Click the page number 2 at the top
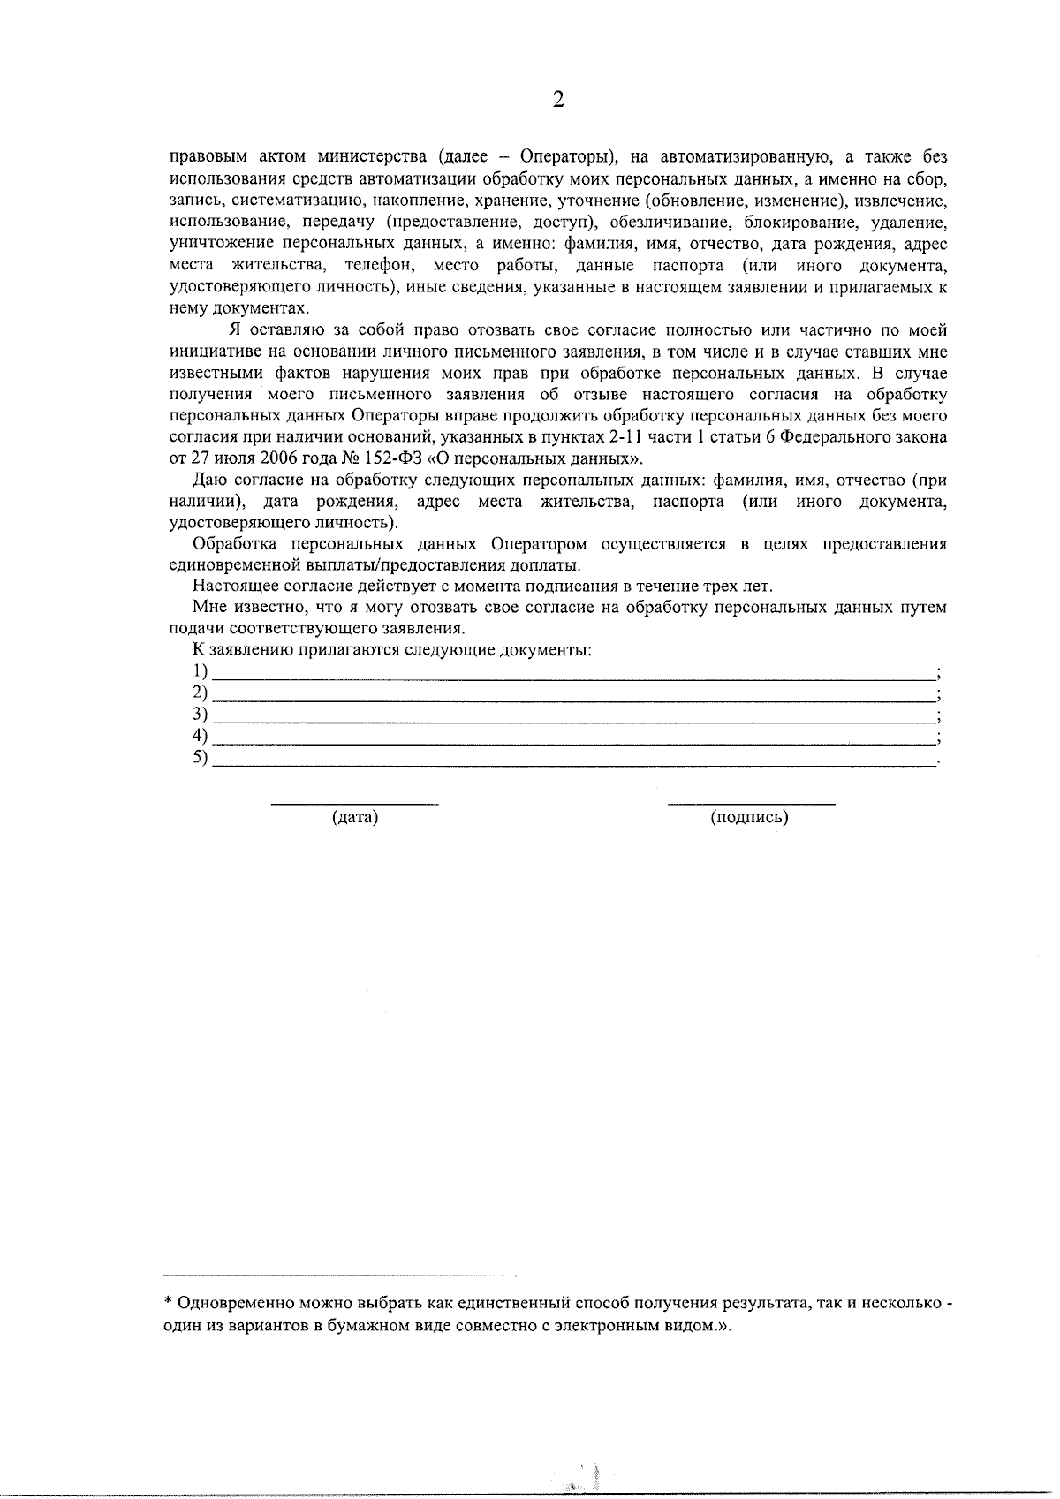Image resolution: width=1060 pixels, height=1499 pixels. pyautogui.click(x=557, y=100)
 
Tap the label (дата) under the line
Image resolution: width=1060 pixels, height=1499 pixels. pyautogui.click(x=354, y=817)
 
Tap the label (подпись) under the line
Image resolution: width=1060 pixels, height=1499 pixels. pyautogui.click(x=749, y=817)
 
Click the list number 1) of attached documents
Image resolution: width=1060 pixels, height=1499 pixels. pyautogui.click(x=201, y=670)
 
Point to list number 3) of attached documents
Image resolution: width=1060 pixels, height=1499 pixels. pyautogui.click(x=201, y=713)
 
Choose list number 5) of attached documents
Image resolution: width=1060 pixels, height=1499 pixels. pyautogui.click(x=201, y=757)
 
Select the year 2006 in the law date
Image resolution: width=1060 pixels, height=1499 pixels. pyautogui.click(x=280, y=458)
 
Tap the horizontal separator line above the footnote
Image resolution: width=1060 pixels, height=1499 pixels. pyautogui.click(x=340, y=1276)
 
